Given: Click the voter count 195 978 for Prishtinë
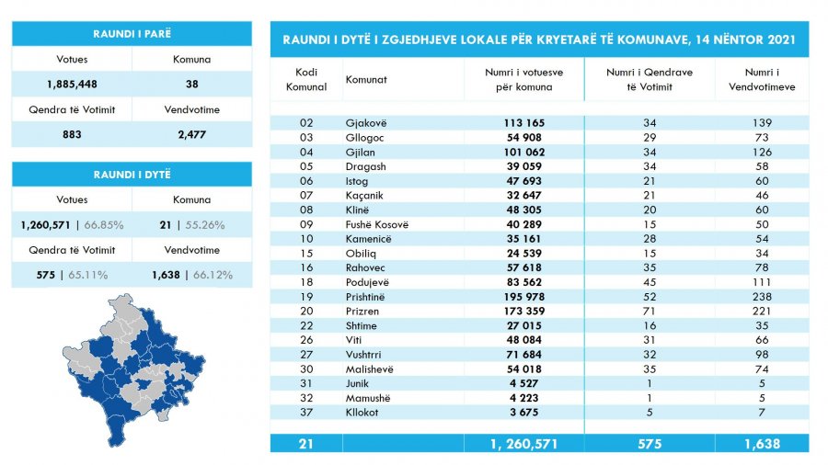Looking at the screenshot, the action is (x=523, y=297).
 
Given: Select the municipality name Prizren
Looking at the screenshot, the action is (x=362, y=311).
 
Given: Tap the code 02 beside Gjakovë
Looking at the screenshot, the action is (x=306, y=123).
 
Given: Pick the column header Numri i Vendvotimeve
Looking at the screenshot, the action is (x=762, y=80).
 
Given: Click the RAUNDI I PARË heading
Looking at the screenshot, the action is (x=132, y=34).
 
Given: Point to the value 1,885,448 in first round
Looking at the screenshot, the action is (x=72, y=85).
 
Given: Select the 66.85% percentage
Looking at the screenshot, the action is (x=104, y=225).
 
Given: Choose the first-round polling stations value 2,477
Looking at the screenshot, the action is (x=191, y=134).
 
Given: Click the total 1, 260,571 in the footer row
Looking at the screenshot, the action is (x=523, y=444).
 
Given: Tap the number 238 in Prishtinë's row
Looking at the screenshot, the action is (x=762, y=297).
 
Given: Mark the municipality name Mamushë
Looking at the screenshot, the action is (x=368, y=398).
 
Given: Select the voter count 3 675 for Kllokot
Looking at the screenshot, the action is (x=523, y=413).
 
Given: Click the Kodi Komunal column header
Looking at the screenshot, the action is (x=306, y=80).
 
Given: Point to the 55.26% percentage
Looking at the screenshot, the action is (x=205, y=225).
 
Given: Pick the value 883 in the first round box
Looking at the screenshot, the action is (x=72, y=134).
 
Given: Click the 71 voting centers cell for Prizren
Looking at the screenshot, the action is (x=649, y=311).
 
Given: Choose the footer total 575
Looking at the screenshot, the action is (x=650, y=444).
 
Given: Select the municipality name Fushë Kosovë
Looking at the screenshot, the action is (x=377, y=224).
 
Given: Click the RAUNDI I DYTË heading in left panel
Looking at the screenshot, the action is (x=132, y=175).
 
